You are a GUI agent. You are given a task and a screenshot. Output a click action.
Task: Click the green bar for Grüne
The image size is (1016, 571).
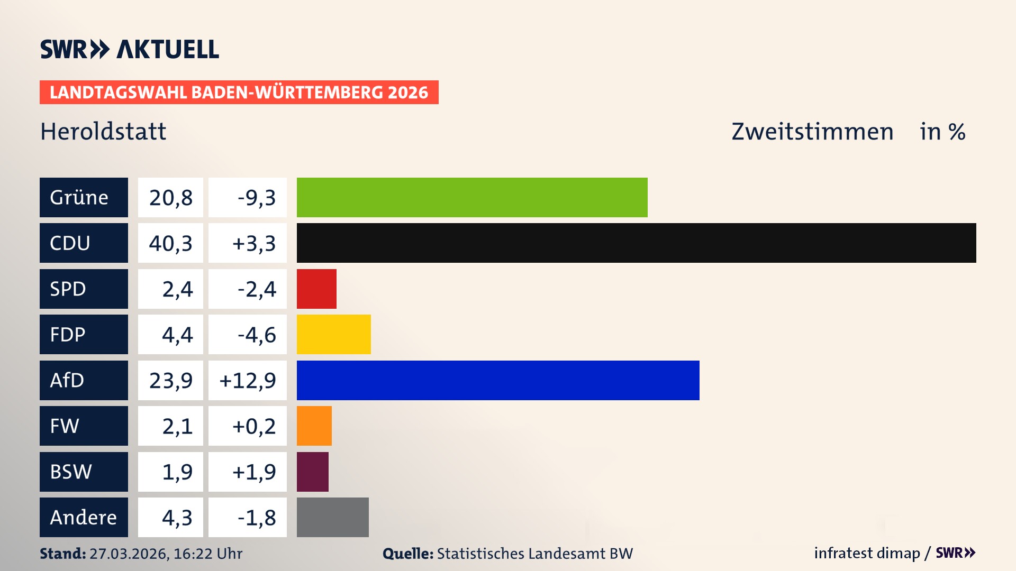[472, 197]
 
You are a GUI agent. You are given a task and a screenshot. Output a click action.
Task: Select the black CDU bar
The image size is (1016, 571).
[636, 243]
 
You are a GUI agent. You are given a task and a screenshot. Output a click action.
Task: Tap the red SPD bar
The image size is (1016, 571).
[316, 289]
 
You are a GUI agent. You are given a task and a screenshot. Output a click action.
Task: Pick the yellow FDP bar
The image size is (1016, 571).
[333, 334]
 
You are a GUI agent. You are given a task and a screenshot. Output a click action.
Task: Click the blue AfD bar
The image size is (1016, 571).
[497, 380]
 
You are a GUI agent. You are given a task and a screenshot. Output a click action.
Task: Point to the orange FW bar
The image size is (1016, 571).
[314, 426]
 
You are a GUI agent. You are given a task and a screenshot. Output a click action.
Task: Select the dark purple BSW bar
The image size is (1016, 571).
[312, 472]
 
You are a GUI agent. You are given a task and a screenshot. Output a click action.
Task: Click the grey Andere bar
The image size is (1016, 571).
[332, 517]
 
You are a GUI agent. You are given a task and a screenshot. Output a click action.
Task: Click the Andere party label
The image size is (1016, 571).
[84, 517]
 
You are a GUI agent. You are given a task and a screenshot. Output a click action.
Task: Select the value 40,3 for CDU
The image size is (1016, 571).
[170, 243]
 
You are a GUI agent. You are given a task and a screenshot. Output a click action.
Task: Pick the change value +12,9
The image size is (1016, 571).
[248, 380]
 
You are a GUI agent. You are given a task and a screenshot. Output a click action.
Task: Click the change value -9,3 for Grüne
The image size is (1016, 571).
[256, 197]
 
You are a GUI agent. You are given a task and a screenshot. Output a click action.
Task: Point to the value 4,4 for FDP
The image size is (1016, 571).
[177, 334]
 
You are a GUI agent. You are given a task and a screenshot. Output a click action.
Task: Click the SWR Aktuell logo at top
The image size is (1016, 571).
[130, 49]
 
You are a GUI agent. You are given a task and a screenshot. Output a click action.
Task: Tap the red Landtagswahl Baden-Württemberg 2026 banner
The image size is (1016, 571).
[239, 92]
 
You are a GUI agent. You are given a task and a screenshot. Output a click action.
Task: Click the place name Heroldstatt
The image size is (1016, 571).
[103, 131]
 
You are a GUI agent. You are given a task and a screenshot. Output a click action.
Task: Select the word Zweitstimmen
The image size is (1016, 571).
[812, 131]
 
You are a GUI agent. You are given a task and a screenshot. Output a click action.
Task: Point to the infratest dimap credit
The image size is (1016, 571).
[867, 553]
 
